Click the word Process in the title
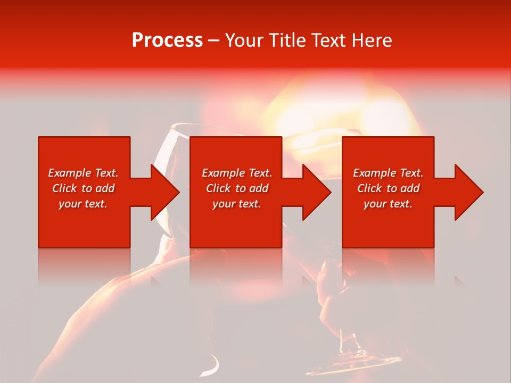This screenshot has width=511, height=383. (x=167, y=40)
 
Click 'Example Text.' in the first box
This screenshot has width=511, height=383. (x=83, y=173)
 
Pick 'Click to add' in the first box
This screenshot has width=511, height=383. (x=83, y=188)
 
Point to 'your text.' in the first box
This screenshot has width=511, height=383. (x=83, y=204)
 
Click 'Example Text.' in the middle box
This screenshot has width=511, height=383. (x=237, y=173)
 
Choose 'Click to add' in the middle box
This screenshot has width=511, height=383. (x=237, y=188)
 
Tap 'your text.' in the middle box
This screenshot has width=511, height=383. (x=237, y=204)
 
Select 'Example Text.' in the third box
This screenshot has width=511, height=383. (x=388, y=173)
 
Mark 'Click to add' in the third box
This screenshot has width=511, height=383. (x=388, y=188)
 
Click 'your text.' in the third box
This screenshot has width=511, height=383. (x=388, y=204)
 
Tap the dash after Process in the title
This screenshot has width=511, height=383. (x=213, y=41)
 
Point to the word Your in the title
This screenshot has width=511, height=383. (x=243, y=40)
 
